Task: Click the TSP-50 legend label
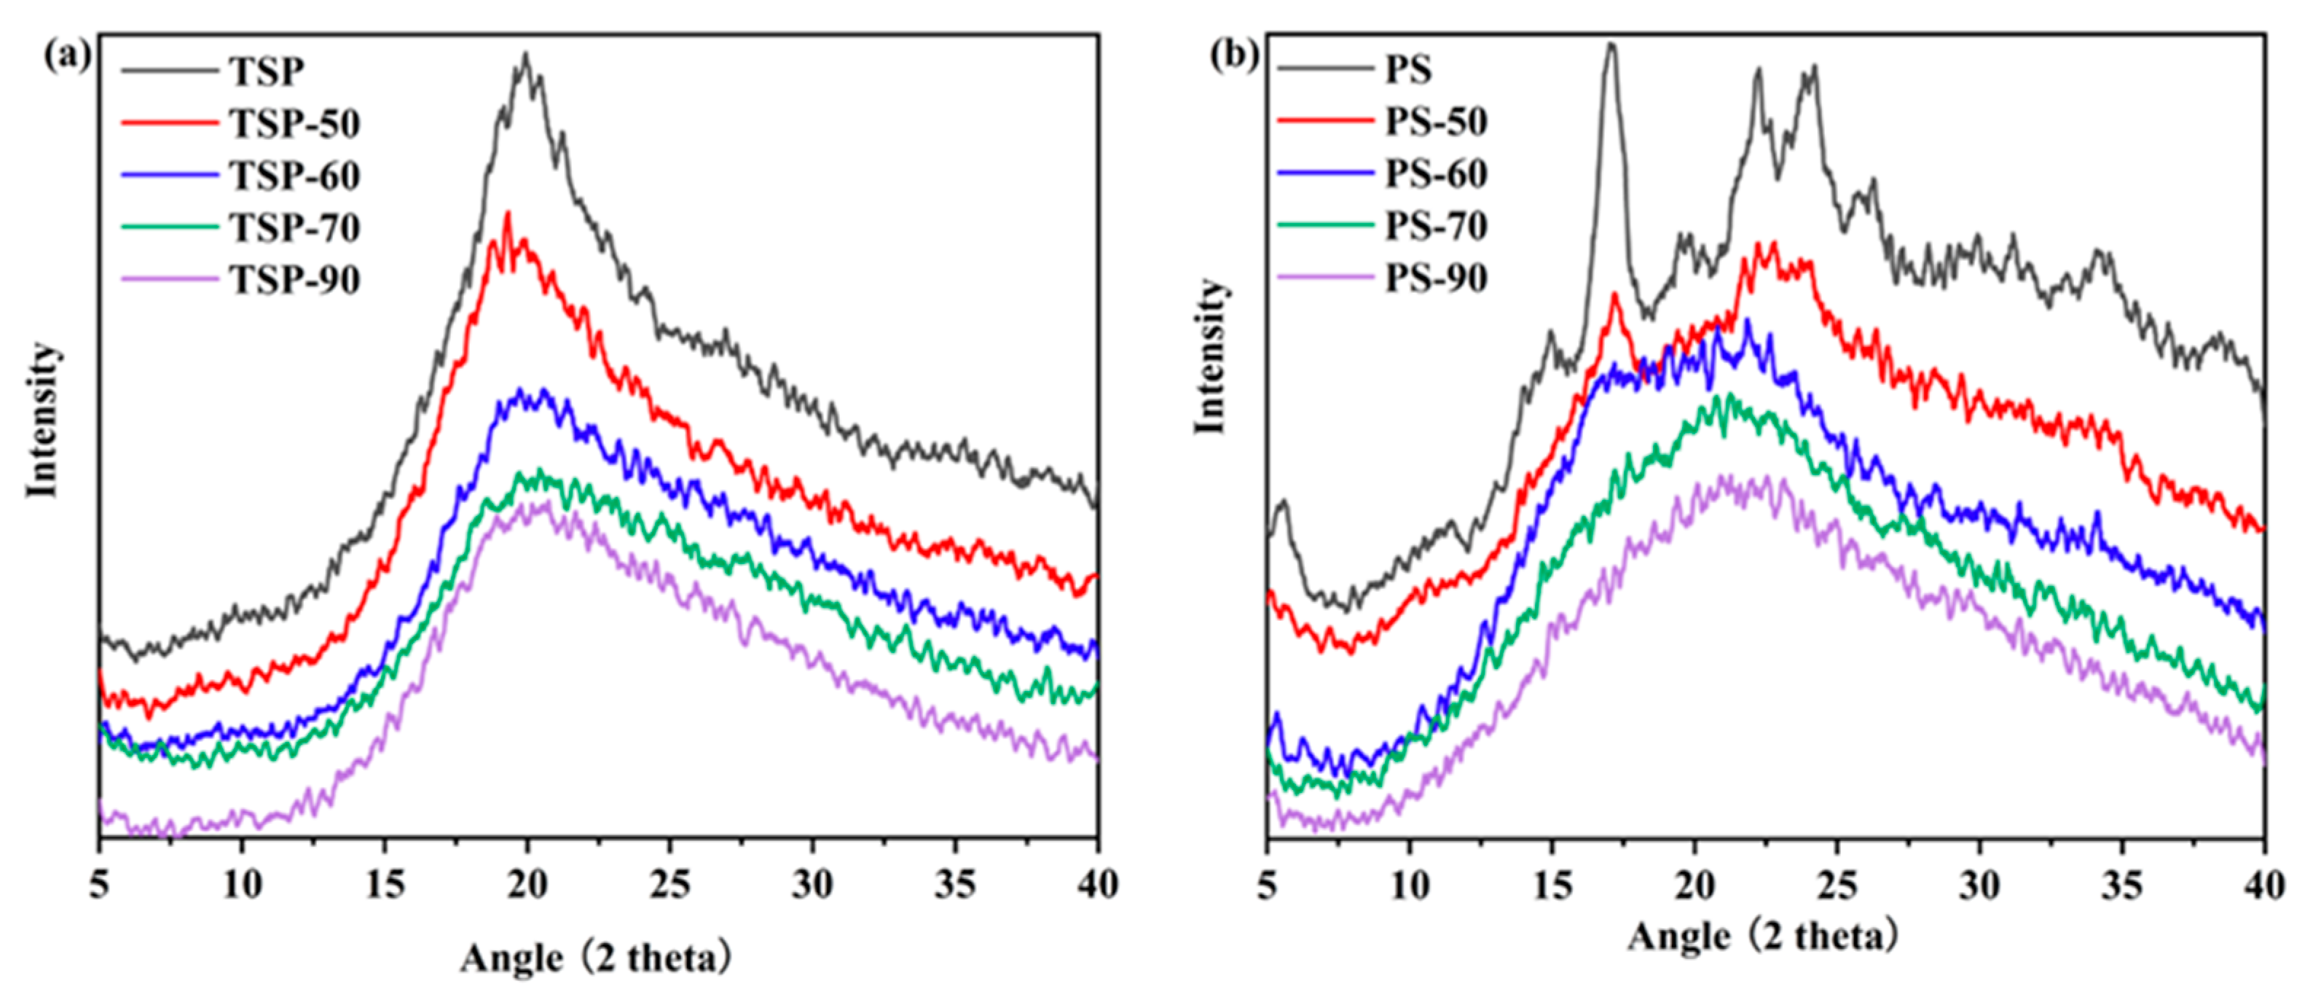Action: [295, 123]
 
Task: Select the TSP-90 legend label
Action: [295, 280]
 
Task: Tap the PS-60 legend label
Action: [1436, 173]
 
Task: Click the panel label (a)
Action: [68, 55]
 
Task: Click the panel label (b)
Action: [1234, 55]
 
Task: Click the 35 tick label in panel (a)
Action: [955, 884]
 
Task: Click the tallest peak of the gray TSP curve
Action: [525, 55]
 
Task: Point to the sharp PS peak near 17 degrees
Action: [1611, 44]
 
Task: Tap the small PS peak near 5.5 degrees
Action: [1284, 503]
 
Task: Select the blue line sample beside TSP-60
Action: [170, 174]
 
